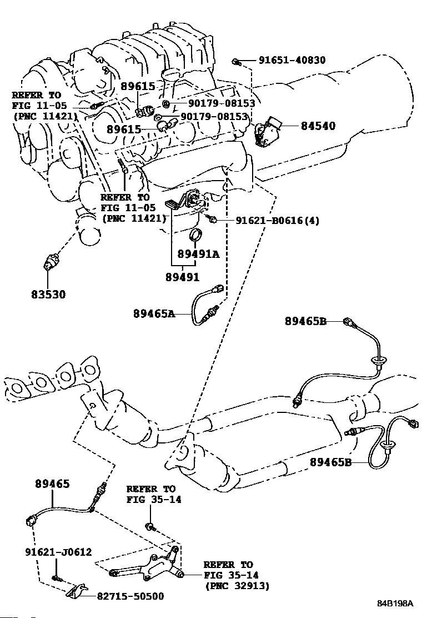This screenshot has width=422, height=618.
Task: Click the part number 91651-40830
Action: click(x=292, y=60)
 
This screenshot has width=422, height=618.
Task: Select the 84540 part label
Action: click(x=318, y=126)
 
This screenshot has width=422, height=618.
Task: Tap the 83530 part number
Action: click(x=48, y=294)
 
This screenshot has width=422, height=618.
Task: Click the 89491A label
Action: click(x=198, y=254)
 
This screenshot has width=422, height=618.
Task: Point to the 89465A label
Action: click(x=154, y=314)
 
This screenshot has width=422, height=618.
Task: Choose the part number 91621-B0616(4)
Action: click(x=278, y=220)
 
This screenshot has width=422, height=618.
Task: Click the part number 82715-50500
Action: click(x=130, y=596)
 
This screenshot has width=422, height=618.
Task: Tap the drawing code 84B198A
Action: click(x=395, y=604)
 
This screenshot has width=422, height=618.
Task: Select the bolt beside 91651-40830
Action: click(x=236, y=61)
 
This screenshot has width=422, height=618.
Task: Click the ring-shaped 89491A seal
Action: click(x=195, y=234)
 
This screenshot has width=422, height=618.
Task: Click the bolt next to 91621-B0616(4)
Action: click(x=213, y=219)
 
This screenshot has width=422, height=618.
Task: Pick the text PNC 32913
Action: click(x=237, y=586)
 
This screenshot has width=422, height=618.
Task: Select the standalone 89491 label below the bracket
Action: click(x=182, y=277)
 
